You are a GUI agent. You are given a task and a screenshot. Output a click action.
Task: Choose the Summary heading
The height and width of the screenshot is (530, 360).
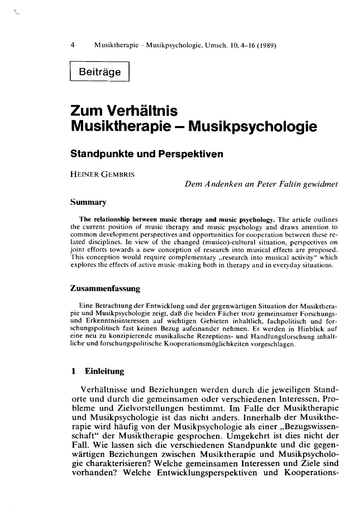(x=88, y=202)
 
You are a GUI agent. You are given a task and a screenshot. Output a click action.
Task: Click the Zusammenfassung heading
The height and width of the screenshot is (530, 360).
(x=105, y=289)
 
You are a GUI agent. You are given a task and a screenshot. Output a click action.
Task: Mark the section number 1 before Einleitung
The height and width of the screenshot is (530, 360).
(x=73, y=371)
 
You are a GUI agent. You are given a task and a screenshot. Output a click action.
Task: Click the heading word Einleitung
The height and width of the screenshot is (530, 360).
(x=104, y=371)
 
